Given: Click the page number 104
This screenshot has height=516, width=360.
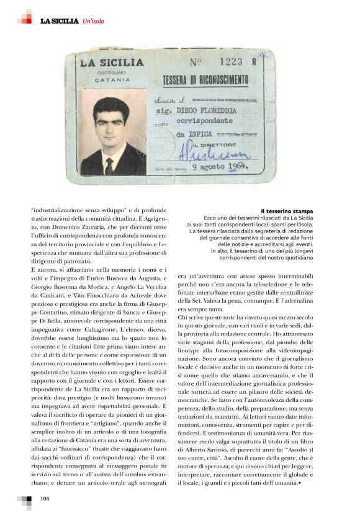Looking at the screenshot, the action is point(45,499).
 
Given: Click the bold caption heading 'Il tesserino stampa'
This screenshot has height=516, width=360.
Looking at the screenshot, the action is point(287,211).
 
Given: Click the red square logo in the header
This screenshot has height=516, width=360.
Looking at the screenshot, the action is point(25,17).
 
